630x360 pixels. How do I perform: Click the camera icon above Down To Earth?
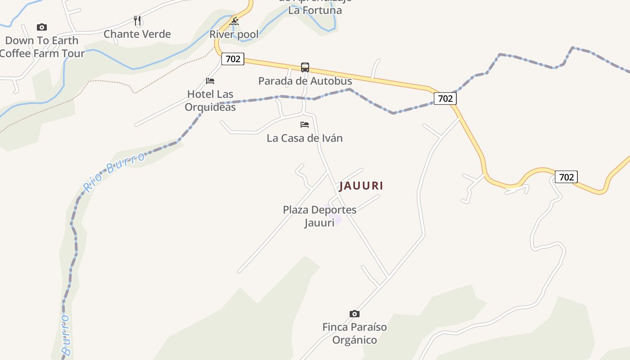[42, 27]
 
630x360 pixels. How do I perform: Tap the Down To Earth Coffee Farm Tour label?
[41, 47]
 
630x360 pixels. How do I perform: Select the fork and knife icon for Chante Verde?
[138, 21]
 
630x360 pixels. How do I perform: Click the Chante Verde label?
[137, 34]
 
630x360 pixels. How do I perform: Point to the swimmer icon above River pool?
[234, 21]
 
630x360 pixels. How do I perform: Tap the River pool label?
[234, 35]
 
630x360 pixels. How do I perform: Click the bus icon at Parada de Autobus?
[305, 67]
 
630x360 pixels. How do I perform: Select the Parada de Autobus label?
[305, 81]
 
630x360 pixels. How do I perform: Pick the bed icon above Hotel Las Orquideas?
[210, 81]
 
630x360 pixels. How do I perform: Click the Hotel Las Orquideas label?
[210, 100]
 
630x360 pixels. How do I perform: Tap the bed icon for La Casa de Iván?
[305, 125]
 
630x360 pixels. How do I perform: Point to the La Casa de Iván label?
[305, 138]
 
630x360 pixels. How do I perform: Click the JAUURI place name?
[361, 186]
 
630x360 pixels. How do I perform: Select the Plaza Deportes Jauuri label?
[319, 216]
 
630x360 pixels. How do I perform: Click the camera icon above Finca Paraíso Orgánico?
[355, 314]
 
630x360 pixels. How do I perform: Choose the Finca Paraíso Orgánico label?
[355, 333]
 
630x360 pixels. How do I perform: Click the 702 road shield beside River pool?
[233, 59]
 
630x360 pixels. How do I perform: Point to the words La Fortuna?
[315, 10]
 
